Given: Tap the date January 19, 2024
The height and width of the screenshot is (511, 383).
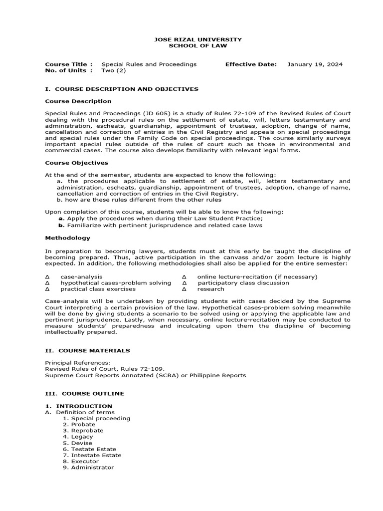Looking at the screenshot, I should coord(315,64).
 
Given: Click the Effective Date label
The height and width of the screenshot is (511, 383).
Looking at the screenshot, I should coord(250,64).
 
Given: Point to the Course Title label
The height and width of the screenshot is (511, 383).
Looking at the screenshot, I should coord(69,64).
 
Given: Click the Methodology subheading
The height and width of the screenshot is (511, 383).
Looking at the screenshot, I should coord(68,238).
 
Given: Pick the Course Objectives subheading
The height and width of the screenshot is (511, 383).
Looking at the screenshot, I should coord(76,163).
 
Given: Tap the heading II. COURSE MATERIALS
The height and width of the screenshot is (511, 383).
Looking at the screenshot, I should coord(87,351).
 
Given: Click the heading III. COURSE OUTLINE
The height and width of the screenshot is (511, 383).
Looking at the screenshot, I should coord(84,394).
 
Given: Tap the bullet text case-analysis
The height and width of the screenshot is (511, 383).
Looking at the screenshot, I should coord(81,276).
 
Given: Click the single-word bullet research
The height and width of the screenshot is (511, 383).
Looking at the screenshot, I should coord(210,289).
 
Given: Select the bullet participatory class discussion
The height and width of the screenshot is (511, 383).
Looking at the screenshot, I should coord(243,283).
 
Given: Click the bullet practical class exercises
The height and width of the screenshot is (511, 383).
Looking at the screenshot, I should coord(98,289).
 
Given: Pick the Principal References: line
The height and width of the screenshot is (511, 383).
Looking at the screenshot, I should coord(78,363).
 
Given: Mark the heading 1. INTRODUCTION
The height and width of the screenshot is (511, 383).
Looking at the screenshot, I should coord(79,406).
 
